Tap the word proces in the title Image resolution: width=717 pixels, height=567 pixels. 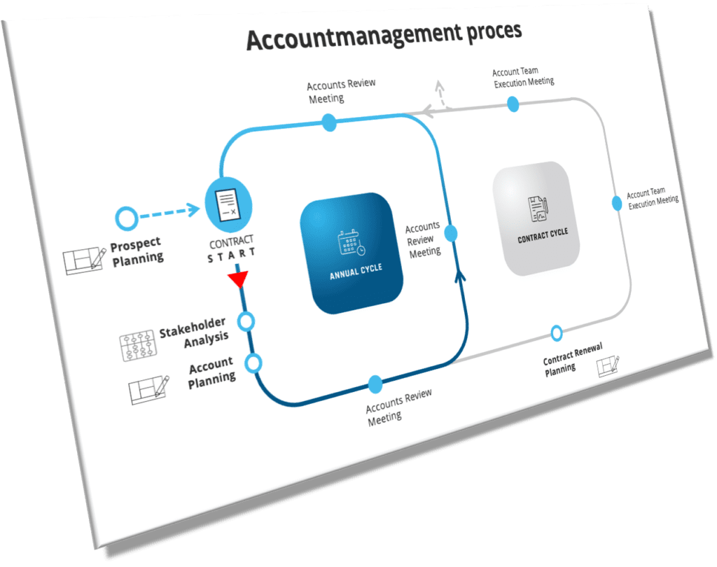point(494,31)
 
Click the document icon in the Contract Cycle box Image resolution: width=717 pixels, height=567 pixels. point(538,208)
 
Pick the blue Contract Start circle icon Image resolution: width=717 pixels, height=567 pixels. point(228,201)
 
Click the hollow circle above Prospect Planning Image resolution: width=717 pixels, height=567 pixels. point(126,219)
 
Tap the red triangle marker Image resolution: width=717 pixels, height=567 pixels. point(239,280)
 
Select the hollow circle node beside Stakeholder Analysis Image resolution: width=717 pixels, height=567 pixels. point(246,321)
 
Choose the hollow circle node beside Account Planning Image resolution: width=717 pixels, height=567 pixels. point(253,363)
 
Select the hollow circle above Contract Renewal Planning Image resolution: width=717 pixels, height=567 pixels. point(557,332)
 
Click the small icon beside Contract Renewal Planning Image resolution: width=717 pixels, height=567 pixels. point(608,365)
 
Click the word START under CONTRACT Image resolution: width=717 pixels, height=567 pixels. point(232,255)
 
